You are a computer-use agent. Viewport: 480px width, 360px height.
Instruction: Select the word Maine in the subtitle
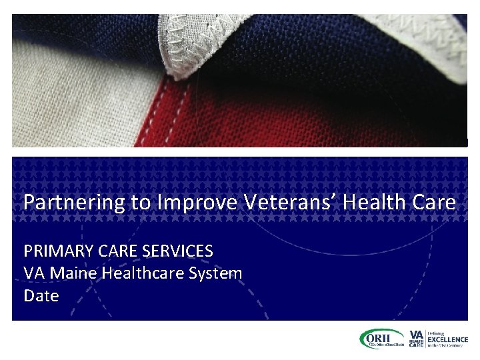(x=72, y=273)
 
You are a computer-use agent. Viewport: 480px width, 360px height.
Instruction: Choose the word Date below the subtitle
(x=41, y=295)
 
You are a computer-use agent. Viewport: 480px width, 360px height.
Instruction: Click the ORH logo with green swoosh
(x=381, y=339)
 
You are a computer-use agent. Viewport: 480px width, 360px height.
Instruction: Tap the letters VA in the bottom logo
(x=416, y=334)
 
